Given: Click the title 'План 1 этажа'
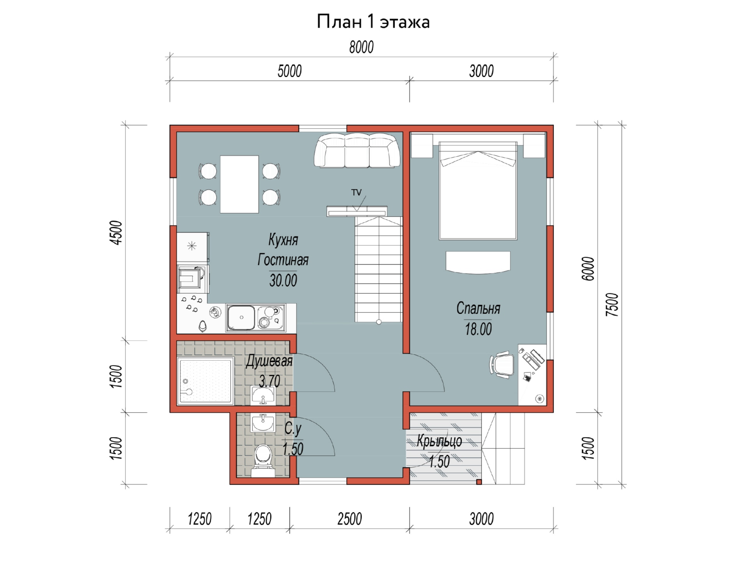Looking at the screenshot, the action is click(373, 22).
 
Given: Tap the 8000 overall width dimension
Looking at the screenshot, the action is click(361, 47).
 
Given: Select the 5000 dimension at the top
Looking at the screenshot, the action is click(289, 71).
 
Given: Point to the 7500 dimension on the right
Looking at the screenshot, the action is click(612, 304).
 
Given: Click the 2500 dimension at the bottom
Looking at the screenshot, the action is click(349, 519).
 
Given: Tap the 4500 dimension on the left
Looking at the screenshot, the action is click(116, 233).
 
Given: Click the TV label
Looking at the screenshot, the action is click(356, 192).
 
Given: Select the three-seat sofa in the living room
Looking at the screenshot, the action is click(357, 151).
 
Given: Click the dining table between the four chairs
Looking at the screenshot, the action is click(239, 184).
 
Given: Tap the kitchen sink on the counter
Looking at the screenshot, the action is click(242, 318).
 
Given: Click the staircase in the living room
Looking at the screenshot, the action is click(378, 269).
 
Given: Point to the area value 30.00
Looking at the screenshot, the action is click(283, 280).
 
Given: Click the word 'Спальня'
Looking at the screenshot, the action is click(478, 309).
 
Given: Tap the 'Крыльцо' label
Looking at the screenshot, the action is click(439, 441).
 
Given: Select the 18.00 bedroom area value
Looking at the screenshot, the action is click(478, 329).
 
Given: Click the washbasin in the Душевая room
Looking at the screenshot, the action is click(263, 395).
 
